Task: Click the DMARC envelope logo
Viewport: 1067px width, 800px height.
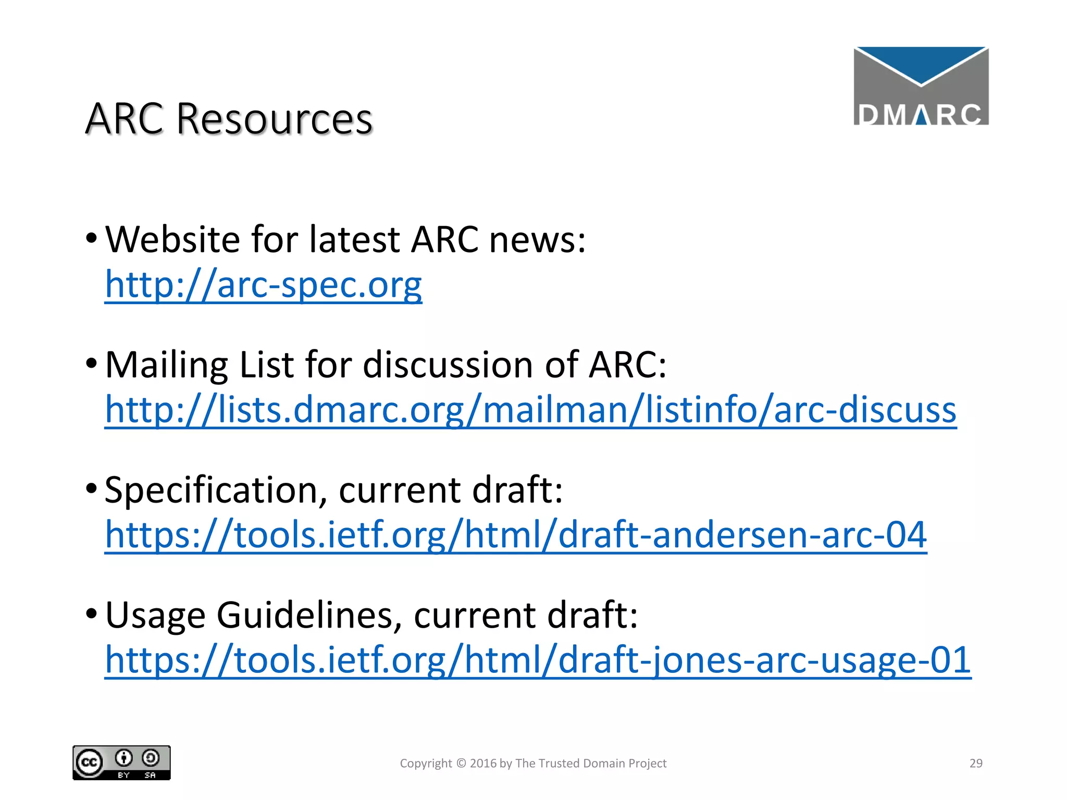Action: click(921, 86)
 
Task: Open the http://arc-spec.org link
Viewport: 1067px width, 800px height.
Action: click(263, 285)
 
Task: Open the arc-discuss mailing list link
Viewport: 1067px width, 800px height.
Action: click(530, 409)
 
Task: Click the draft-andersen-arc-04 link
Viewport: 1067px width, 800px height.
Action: click(516, 535)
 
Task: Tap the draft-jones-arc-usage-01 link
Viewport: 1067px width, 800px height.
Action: click(538, 660)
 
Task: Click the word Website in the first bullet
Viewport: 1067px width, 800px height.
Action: click(172, 240)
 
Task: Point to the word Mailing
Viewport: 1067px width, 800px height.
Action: click(166, 365)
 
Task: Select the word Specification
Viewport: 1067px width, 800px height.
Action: click(211, 490)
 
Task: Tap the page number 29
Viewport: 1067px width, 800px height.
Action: click(976, 764)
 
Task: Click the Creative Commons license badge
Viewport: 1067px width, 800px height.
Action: click(121, 763)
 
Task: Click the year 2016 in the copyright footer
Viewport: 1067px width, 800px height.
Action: click(483, 764)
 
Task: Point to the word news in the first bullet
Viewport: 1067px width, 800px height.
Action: click(537, 240)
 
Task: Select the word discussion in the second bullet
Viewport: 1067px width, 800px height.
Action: click(448, 365)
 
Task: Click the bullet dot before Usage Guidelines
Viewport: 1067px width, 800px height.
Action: click(91, 614)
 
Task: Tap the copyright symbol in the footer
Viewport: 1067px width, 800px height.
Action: click(461, 764)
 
